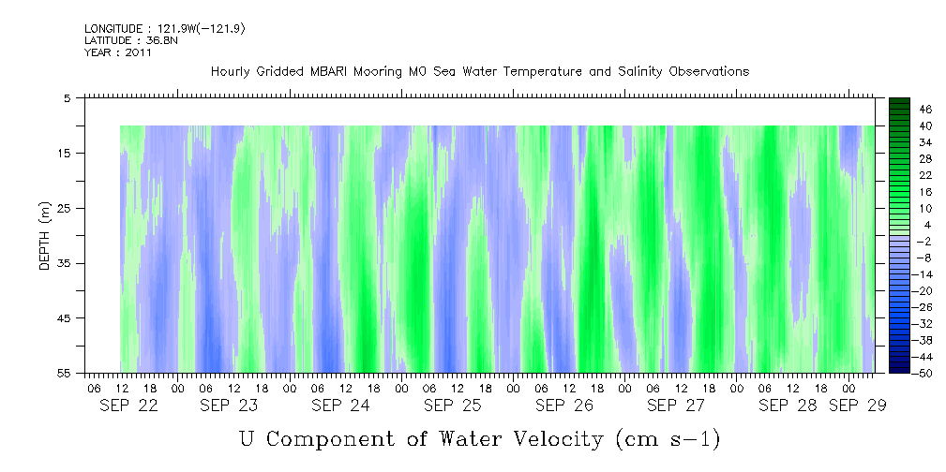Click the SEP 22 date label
(x=129, y=406)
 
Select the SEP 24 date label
(x=340, y=406)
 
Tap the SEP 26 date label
(x=563, y=406)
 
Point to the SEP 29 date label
(x=857, y=406)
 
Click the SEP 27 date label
(x=676, y=406)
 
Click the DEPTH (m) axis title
(x=44, y=236)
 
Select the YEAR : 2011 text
(x=117, y=52)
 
